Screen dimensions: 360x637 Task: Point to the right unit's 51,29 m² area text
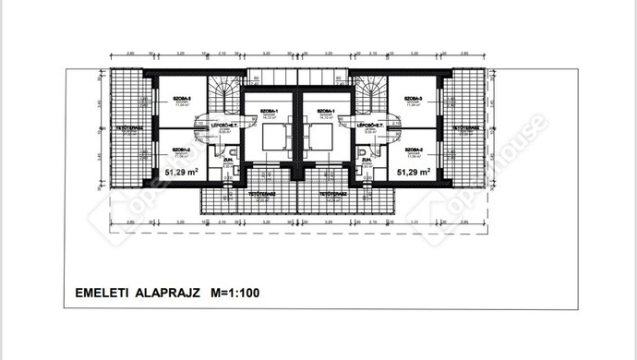tap(414, 173)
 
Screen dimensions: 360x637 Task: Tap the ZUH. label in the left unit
tap(224, 161)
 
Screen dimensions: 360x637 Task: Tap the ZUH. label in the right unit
tap(367, 161)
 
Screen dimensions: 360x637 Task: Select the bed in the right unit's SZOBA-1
tap(320, 138)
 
